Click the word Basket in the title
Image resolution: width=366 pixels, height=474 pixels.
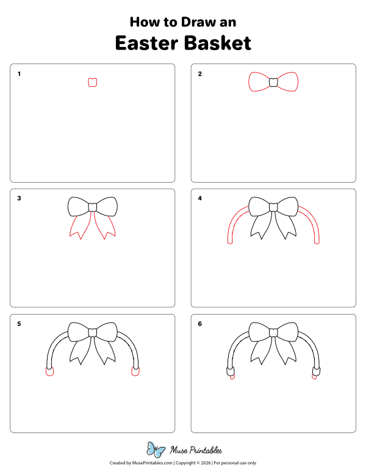(x=217, y=43)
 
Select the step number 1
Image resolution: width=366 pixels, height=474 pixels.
(x=20, y=75)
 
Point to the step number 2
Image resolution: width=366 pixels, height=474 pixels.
(x=199, y=75)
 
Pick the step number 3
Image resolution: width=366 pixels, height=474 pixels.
(x=20, y=199)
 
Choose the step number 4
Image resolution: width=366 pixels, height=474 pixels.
(x=199, y=199)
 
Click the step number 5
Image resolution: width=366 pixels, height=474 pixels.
(x=20, y=324)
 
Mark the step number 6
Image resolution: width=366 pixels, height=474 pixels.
(x=199, y=324)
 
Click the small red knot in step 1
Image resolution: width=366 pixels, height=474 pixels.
(x=93, y=82)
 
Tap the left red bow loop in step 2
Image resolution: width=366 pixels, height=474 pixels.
(x=258, y=82)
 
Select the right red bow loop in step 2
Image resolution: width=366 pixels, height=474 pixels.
(x=289, y=82)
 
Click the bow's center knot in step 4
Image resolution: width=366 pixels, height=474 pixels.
(x=273, y=207)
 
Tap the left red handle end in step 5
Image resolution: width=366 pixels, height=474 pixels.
(x=49, y=371)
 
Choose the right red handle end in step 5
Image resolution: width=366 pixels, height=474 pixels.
(x=135, y=371)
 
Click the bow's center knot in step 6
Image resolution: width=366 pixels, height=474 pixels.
(x=273, y=332)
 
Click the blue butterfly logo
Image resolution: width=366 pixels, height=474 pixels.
(x=156, y=450)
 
